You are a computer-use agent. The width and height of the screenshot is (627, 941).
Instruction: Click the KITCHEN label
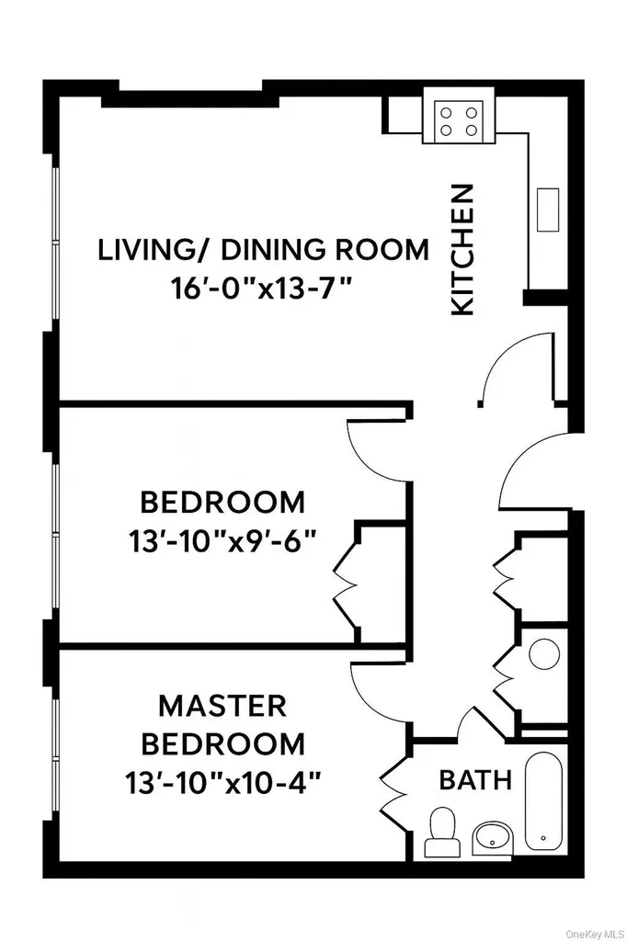coord(462,250)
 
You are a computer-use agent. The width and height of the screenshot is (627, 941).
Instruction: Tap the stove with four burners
coord(459,120)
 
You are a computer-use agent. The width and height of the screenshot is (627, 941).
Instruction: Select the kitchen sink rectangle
coord(548,209)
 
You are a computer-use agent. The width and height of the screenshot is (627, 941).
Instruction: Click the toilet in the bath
coord(442,832)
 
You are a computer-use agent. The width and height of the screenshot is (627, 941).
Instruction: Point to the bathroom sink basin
coord(493,838)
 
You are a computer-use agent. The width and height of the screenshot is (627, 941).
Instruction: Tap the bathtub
coord(543,800)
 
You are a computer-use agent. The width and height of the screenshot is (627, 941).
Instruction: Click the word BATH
coord(475,780)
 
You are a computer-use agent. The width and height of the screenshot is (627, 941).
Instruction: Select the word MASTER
coord(222,707)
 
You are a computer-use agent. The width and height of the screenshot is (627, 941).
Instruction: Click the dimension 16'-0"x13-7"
coord(261,289)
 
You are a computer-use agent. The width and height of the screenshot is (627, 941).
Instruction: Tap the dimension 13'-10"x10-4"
coord(223,783)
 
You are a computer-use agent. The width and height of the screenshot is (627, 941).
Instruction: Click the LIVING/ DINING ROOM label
coord(264,250)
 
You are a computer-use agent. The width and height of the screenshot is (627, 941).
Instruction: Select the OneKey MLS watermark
coord(595,935)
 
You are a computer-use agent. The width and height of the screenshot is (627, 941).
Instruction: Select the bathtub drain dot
coord(543,838)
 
